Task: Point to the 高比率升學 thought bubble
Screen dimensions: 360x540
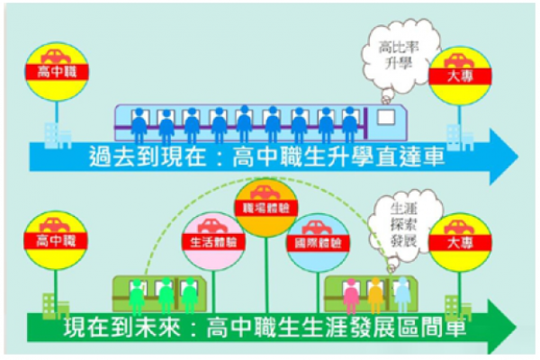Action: (394, 51)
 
